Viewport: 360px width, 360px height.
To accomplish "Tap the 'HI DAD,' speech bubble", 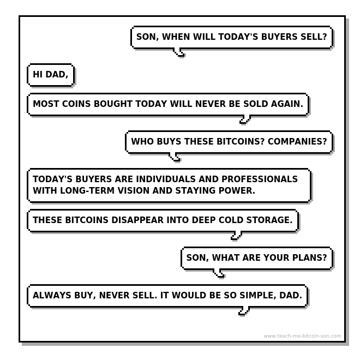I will [51, 75].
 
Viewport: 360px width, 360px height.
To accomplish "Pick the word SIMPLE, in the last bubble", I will [256, 295].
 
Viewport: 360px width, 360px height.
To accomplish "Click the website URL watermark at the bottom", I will [302, 336].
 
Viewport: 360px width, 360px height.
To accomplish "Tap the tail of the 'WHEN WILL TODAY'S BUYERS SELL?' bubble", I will [179, 53].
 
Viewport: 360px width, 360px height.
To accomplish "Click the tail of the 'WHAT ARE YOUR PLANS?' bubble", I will [220, 274].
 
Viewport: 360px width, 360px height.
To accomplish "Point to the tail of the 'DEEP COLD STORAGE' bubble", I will [236, 236].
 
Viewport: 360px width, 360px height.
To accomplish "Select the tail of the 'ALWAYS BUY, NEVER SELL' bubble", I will [244, 311].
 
